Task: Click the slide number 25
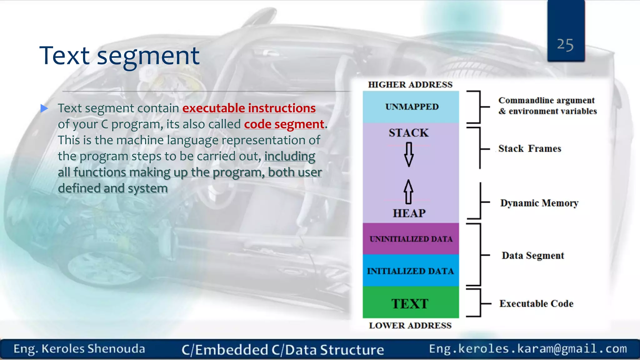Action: (565, 45)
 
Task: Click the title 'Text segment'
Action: (119, 56)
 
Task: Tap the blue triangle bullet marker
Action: (44, 108)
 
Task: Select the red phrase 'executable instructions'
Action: (249, 108)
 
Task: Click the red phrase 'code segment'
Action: (284, 124)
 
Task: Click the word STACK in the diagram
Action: (408, 133)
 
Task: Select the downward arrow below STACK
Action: (408, 154)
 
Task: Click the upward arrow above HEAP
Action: (408, 192)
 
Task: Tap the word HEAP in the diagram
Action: (409, 213)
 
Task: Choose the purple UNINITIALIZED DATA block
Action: (411, 239)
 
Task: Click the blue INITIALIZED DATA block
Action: (410, 271)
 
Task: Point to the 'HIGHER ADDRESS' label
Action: (410, 85)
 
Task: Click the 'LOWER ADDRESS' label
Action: (410, 325)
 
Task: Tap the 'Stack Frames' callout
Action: (529, 148)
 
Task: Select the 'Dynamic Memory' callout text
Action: (539, 203)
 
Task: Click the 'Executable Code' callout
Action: (536, 303)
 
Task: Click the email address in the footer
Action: (528, 348)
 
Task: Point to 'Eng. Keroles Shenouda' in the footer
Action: (79, 349)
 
